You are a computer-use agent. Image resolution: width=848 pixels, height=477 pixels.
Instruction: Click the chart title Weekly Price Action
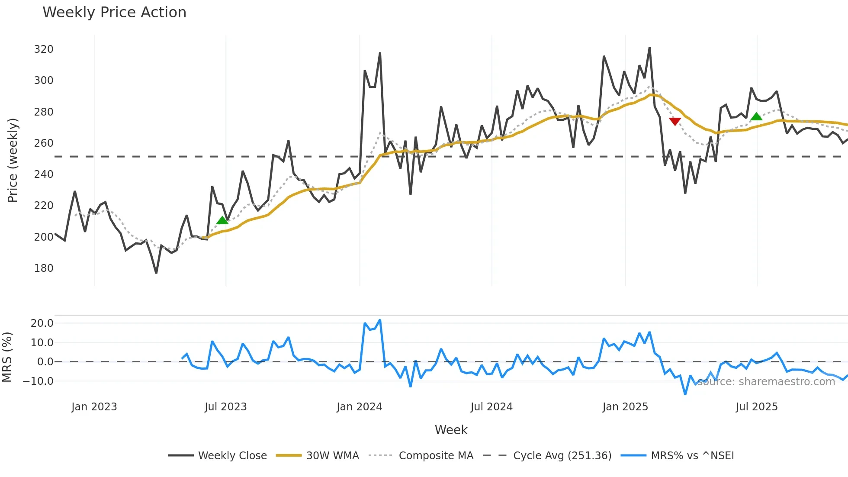click(114, 13)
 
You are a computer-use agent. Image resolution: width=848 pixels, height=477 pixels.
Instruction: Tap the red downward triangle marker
click(675, 121)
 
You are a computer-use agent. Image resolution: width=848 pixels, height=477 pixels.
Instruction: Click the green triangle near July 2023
click(222, 220)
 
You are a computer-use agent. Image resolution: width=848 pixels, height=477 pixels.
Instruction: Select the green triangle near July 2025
click(756, 116)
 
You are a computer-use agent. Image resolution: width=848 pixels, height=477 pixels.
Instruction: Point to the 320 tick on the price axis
click(44, 49)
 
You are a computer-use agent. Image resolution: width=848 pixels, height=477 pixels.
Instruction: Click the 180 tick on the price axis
click(44, 268)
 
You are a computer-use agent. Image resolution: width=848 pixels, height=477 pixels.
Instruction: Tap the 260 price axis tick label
click(44, 143)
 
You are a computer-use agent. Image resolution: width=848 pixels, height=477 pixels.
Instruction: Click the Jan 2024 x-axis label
click(359, 407)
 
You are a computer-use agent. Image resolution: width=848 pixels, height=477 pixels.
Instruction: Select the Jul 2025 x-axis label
click(757, 407)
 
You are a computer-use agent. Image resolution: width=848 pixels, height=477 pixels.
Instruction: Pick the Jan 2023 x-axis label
click(94, 407)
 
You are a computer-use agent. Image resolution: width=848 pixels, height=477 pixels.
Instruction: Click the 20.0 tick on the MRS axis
click(42, 323)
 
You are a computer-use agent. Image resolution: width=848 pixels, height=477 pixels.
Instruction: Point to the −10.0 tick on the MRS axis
click(39, 381)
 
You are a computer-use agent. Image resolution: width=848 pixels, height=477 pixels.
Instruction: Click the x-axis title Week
click(451, 430)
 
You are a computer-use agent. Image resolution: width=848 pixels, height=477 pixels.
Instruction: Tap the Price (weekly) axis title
click(13, 160)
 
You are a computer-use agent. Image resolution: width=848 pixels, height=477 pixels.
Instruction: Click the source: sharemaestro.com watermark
click(766, 382)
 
